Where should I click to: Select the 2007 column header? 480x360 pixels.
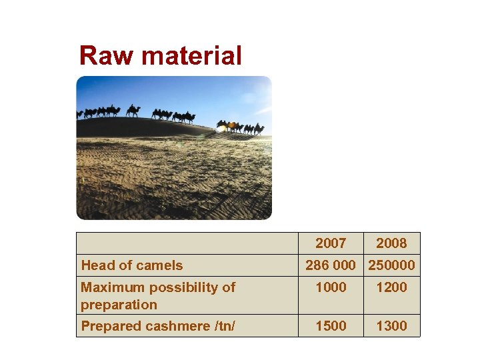point(331,243)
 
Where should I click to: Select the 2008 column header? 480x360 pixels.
point(391,243)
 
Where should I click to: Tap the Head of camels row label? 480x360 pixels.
point(131,265)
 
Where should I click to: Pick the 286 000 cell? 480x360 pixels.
point(331,265)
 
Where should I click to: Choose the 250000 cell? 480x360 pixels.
point(391,265)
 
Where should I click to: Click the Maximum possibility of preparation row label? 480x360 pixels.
point(157,295)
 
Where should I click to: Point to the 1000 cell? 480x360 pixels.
point(331,287)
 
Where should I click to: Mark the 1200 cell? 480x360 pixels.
point(391,287)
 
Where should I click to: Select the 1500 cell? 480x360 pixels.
point(331,326)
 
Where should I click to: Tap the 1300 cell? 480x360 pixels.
point(391,326)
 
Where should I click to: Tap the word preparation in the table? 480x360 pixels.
point(119,305)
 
